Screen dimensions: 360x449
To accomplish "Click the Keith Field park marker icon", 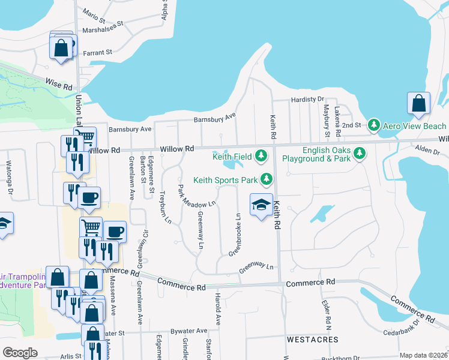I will (261, 156).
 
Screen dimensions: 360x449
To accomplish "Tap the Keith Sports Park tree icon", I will (266, 179).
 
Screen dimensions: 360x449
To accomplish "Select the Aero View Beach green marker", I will (374, 125).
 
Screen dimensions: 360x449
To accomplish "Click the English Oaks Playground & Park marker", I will (360, 154).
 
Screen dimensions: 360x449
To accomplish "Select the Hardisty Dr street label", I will (307, 99).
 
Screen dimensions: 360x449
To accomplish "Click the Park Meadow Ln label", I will (196, 198).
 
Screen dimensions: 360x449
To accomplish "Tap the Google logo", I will (20, 353).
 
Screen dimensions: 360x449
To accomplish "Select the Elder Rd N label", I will (327, 315).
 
